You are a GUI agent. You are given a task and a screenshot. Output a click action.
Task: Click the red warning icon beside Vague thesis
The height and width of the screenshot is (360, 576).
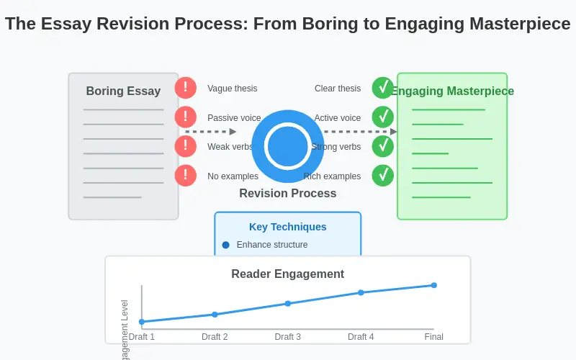click(186, 88)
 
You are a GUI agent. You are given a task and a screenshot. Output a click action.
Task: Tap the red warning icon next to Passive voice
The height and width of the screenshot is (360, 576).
click(186, 117)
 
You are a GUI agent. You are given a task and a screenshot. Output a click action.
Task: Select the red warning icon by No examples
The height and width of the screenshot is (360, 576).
click(186, 176)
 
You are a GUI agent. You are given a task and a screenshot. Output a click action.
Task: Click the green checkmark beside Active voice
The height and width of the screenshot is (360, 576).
click(383, 117)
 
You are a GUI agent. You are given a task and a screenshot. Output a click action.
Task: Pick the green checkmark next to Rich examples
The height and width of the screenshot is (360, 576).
click(383, 176)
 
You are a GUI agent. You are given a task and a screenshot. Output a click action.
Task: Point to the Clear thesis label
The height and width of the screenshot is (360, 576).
click(338, 89)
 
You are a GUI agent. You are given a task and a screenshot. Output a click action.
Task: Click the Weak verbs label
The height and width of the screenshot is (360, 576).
click(230, 147)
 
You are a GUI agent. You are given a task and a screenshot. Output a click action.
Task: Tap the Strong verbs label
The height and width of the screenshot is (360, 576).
click(336, 147)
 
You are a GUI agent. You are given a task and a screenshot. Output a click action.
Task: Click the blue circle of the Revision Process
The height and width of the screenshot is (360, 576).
click(288, 146)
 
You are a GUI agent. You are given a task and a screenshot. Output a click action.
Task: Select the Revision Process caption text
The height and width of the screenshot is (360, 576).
click(288, 193)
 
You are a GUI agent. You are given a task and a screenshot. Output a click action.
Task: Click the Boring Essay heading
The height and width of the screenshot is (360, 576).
click(123, 91)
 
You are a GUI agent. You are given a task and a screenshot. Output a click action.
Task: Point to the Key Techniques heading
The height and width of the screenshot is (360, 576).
click(288, 227)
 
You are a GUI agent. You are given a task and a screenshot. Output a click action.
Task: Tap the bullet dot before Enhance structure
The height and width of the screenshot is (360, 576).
click(226, 245)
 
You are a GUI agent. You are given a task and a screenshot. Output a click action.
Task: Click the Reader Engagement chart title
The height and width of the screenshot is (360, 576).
click(288, 274)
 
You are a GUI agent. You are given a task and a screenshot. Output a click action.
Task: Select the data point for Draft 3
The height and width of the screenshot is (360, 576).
click(288, 303)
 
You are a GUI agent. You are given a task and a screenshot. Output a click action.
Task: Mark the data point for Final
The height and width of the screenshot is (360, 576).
click(434, 285)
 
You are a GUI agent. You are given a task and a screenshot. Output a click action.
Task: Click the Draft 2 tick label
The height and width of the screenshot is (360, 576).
click(215, 337)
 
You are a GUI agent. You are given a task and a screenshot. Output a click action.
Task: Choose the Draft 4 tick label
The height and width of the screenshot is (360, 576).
click(361, 337)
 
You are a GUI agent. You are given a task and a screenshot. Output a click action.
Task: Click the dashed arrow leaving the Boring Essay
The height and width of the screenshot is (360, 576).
click(211, 132)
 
